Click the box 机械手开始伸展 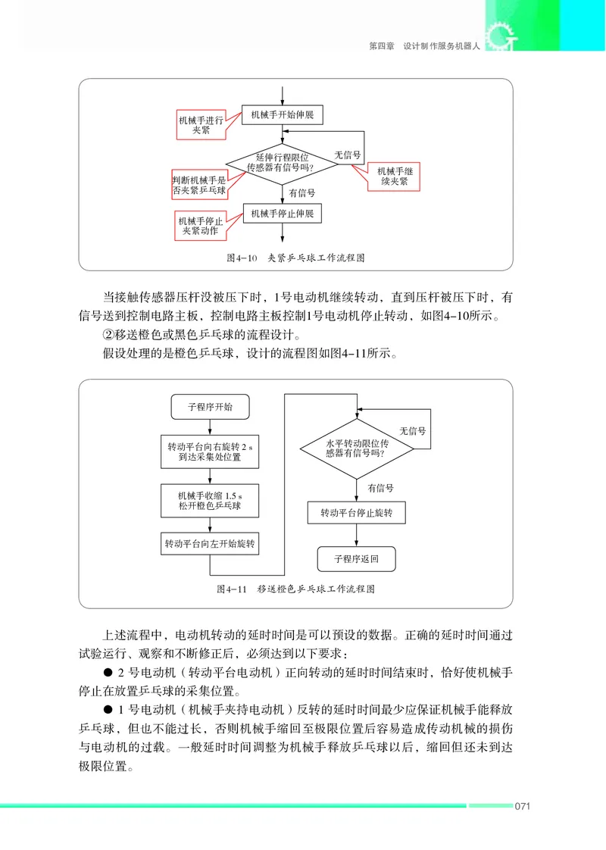coord(282,116)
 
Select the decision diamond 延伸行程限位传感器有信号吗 coord(282,163)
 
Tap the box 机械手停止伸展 coord(282,214)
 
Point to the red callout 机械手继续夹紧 coord(394,177)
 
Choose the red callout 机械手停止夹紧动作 coord(199,225)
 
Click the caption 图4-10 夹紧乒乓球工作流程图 coord(295,258)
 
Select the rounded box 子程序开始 coord(210,407)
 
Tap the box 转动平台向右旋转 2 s coord(210,452)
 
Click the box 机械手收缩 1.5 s coord(210,500)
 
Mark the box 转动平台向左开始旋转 coord(210,544)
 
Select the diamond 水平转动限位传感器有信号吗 coord(357,448)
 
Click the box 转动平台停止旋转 coord(357,513)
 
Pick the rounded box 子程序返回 coord(356,560)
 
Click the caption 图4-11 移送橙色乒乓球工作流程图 coord(295,589)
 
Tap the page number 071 coord(522,805)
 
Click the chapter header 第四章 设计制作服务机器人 coord(424,46)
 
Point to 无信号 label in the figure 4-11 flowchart coord(412,430)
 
